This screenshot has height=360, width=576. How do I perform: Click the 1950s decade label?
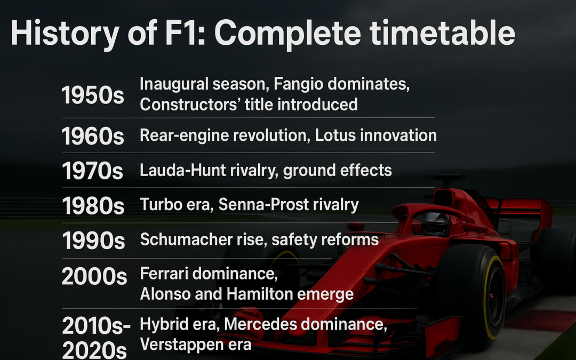(x=93, y=95)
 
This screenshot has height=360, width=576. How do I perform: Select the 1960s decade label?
(x=93, y=137)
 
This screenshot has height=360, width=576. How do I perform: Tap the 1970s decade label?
(x=93, y=171)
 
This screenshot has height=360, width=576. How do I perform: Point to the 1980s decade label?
(x=93, y=206)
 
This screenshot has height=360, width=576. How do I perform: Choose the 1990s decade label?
(x=93, y=241)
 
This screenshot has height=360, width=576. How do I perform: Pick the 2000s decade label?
(x=94, y=276)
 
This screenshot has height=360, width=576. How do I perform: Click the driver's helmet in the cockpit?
(x=435, y=223)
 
